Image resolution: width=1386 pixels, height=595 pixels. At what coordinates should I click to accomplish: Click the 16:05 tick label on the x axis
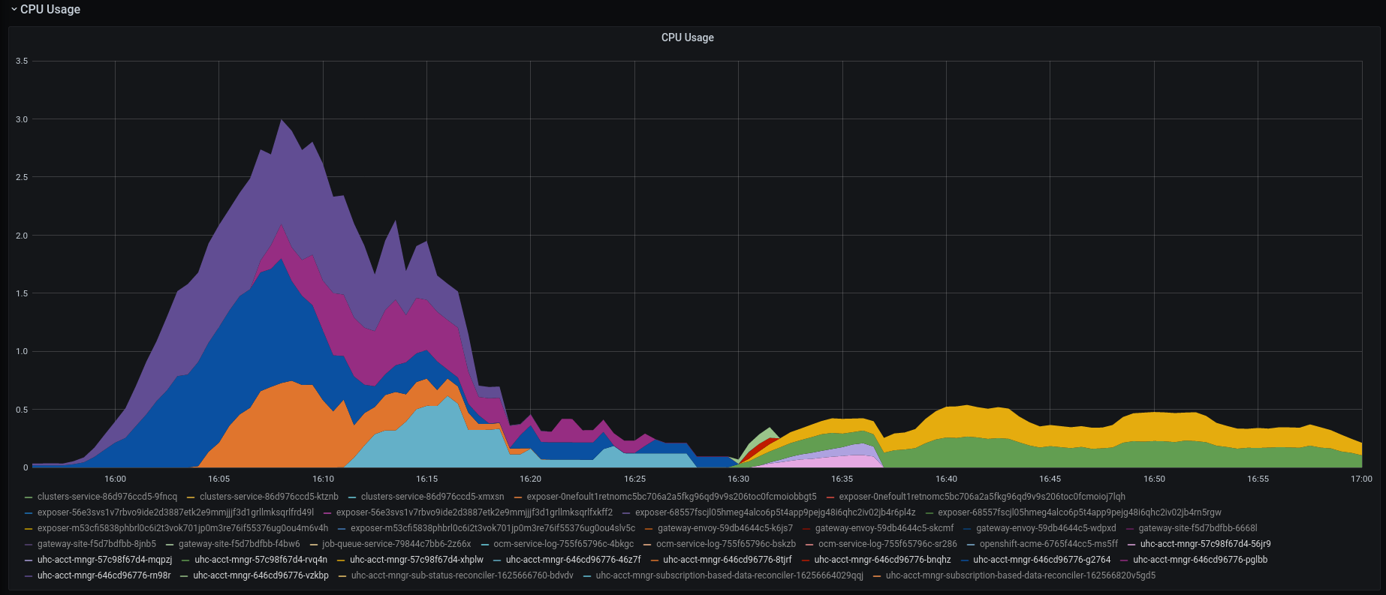[218, 479]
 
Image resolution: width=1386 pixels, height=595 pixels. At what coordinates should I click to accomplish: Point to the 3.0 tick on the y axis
[22, 119]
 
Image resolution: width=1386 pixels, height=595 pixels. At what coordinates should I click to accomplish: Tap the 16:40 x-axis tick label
[946, 479]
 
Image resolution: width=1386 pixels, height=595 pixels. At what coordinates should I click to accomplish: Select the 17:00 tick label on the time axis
[1360, 479]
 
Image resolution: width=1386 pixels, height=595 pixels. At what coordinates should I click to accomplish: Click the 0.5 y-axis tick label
[22, 410]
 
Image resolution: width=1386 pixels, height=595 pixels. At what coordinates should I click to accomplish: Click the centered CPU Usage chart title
[687, 38]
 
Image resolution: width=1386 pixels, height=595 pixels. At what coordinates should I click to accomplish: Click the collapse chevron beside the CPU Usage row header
[14, 10]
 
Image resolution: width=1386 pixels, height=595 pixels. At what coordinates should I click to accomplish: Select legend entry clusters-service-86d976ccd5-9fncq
[107, 497]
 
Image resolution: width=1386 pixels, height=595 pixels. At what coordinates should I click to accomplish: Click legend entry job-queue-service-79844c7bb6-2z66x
[396, 544]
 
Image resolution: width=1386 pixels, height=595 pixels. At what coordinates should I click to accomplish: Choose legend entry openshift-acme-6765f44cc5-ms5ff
[1048, 544]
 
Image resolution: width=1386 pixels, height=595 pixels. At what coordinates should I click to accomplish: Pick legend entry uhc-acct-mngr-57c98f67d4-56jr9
[1204, 544]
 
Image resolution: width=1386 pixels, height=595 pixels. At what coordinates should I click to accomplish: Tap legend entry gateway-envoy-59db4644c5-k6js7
[725, 528]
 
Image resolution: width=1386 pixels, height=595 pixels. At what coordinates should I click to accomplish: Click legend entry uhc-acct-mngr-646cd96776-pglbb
[1200, 560]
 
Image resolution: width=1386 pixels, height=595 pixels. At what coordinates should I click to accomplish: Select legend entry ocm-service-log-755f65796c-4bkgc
[563, 544]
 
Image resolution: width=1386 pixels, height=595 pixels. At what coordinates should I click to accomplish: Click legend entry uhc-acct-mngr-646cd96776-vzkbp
[261, 575]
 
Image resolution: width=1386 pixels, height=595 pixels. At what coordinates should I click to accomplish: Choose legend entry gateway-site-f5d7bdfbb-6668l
[1197, 528]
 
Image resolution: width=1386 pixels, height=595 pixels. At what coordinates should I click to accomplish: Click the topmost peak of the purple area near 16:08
[282, 121]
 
